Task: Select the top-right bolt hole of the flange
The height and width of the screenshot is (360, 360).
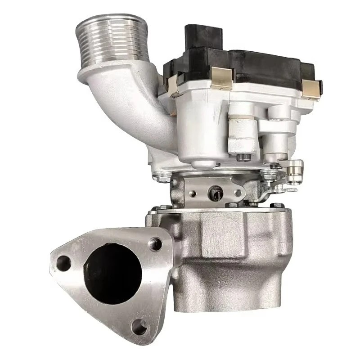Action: point(156,244)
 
